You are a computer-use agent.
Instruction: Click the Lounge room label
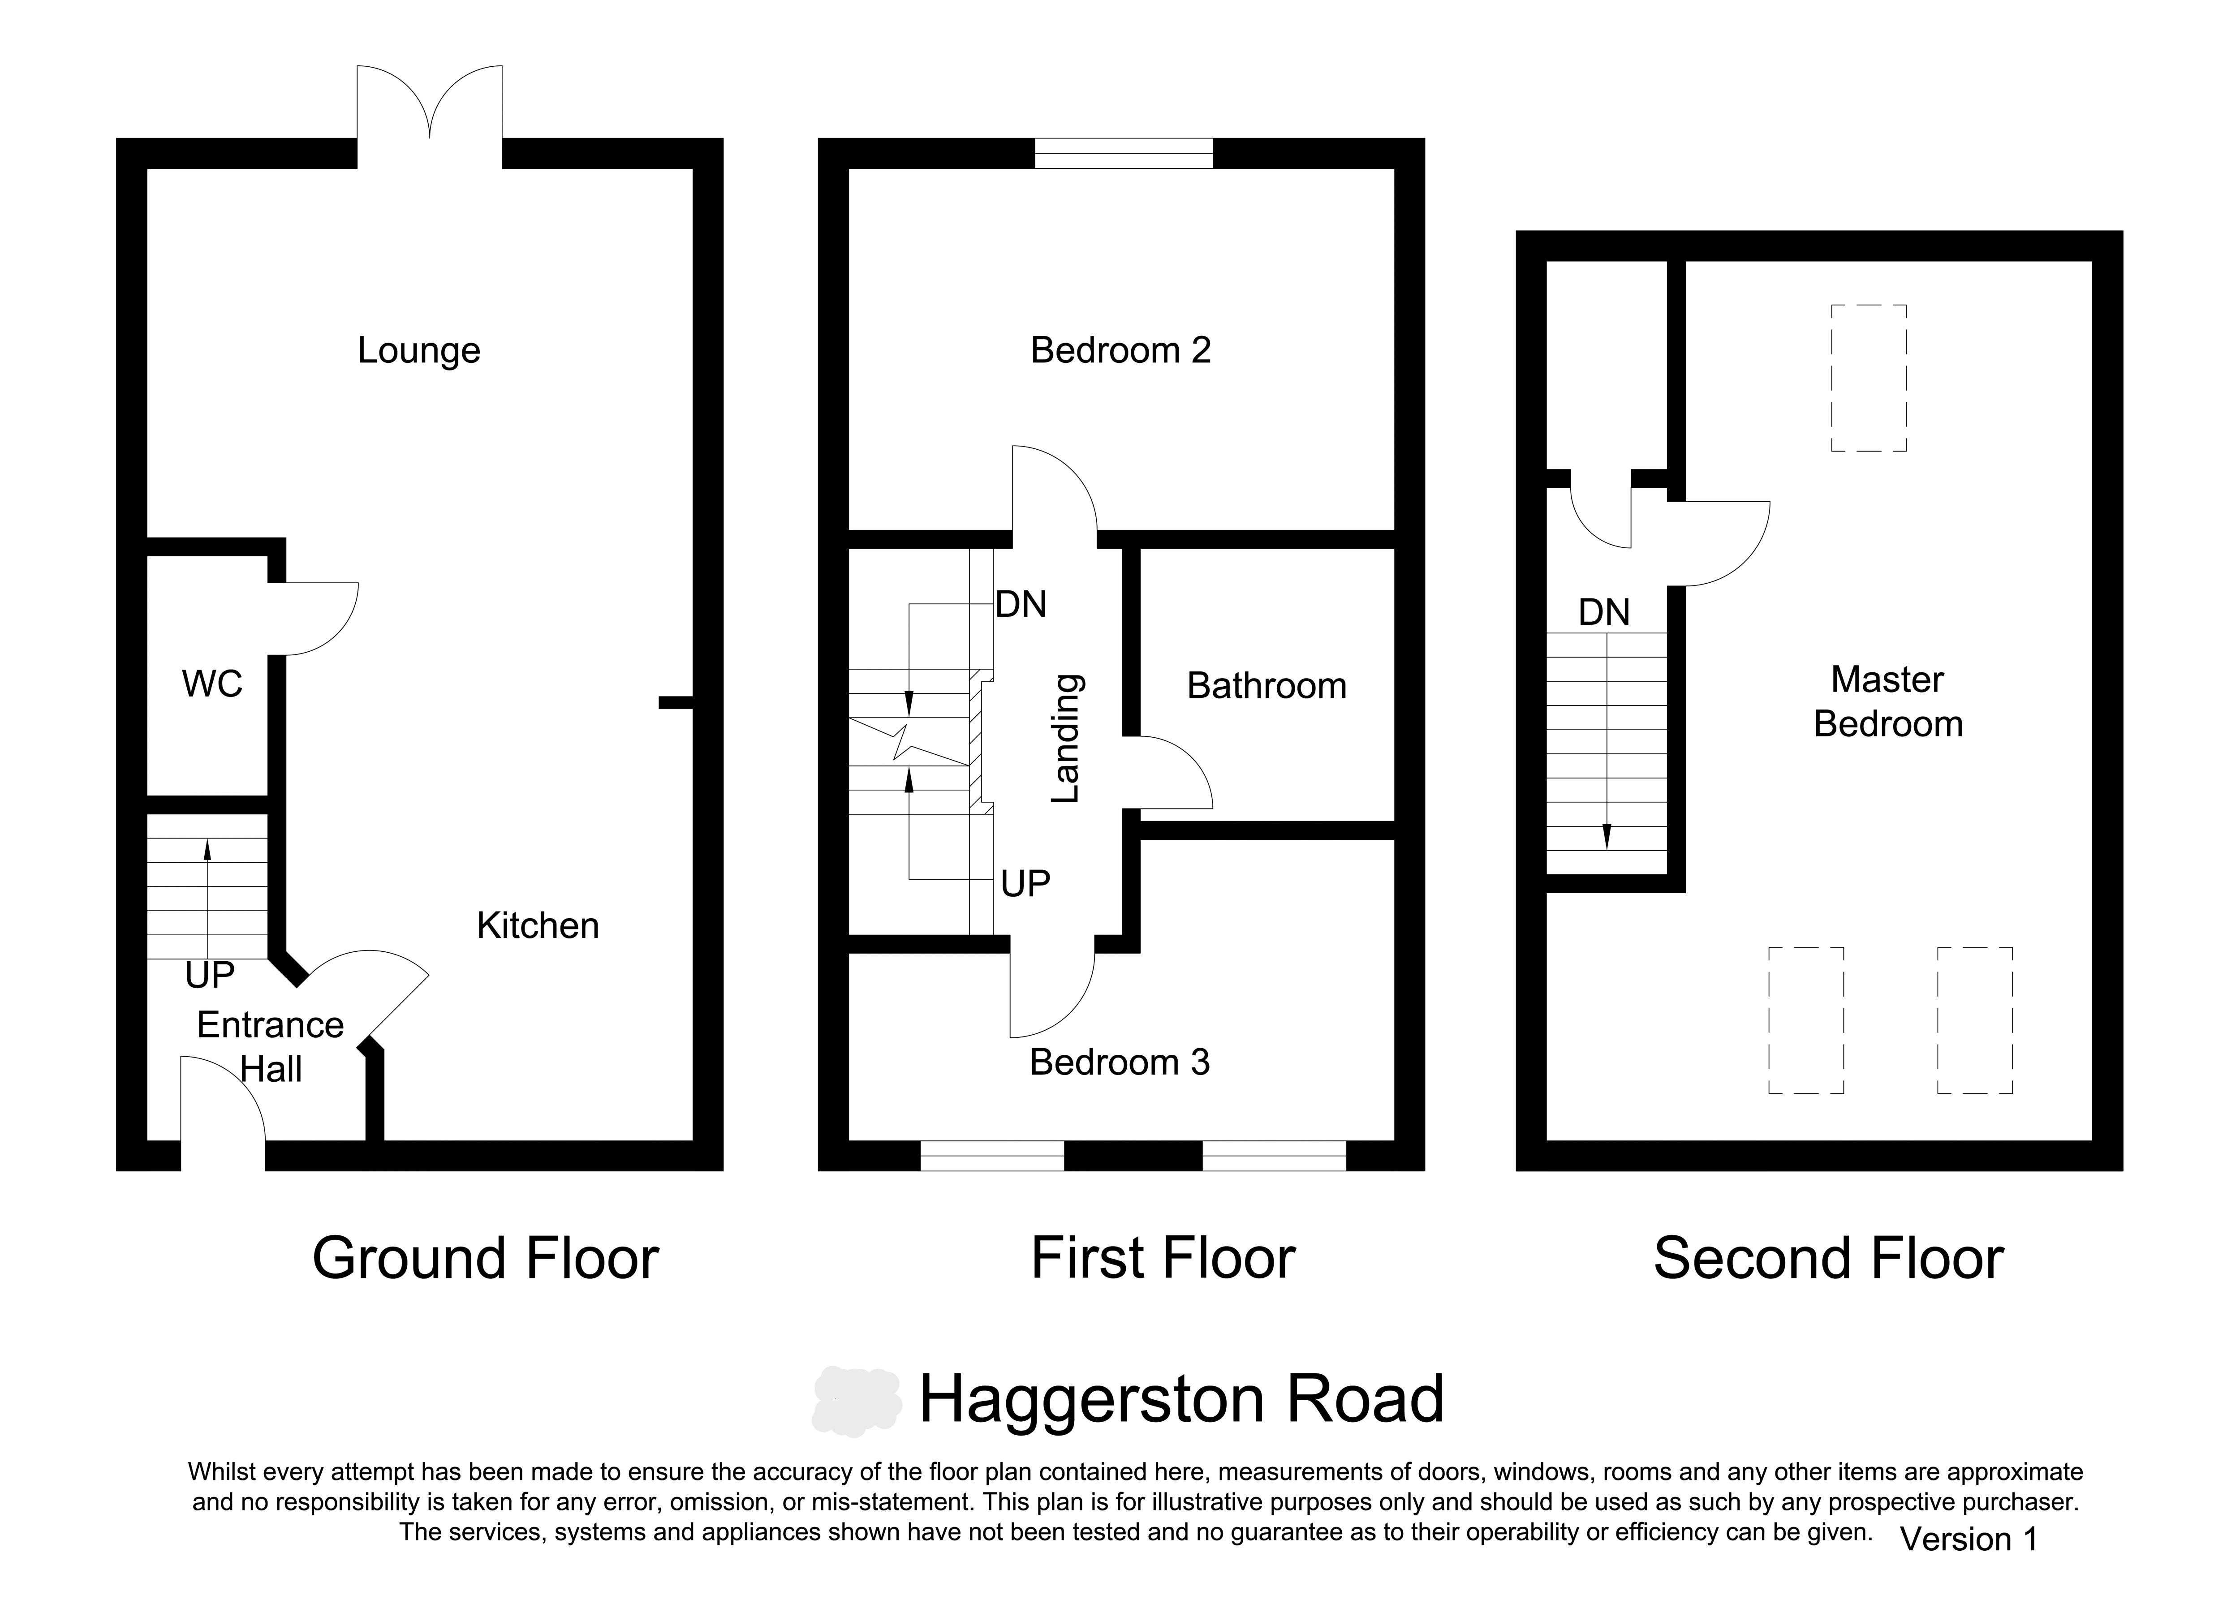point(419,351)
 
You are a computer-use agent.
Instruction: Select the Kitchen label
point(537,925)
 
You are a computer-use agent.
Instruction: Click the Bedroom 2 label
point(1120,350)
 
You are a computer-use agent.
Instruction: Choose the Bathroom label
point(1266,685)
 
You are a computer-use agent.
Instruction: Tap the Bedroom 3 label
point(1119,1062)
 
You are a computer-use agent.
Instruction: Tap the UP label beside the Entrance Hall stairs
point(209,976)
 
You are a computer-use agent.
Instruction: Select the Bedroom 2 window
point(1124,153)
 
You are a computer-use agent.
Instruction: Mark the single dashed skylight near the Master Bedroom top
point(1869,378)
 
